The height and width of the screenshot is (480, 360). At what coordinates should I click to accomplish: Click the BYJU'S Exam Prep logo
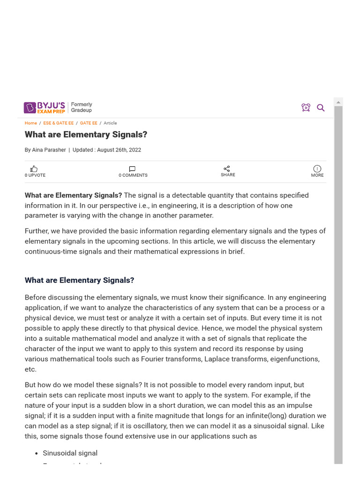point(45,108)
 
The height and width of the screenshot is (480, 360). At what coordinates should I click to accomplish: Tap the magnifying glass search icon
point(321,108)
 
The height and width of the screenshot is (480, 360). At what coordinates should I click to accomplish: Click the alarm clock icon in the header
point(306,108)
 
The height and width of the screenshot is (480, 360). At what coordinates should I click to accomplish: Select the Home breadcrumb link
point(31,123)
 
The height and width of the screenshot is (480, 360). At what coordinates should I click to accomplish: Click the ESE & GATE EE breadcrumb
point(58,123)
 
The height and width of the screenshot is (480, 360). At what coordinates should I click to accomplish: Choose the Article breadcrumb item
point(110,123)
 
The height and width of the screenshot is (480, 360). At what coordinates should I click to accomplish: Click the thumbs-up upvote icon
point(34,169)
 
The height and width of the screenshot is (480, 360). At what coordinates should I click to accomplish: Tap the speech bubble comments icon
point(132,169)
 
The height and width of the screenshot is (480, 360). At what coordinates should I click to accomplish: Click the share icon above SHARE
point(227,168)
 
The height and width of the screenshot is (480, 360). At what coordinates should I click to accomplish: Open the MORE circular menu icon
point(317,169)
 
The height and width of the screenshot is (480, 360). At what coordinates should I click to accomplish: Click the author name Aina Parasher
point(49,150)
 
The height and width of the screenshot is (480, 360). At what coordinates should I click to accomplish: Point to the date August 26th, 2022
point(119,150)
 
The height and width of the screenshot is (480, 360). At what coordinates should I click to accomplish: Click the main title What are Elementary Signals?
point(86,135)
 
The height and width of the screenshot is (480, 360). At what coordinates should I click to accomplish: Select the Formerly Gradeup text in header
point(82,107)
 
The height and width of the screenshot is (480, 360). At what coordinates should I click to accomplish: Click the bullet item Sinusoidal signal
point(70,453)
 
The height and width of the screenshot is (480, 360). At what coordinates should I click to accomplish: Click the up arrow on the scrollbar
point(338,102)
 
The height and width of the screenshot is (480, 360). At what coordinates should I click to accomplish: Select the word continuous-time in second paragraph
point(51,252)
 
